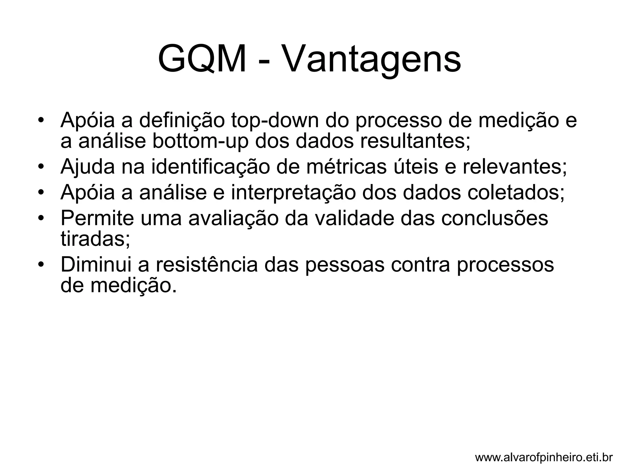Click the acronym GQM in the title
[202, 59]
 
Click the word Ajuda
[88, 167]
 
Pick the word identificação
[210, 167]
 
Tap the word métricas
[346, 167]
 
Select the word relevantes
[515, 167]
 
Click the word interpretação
[293, 192]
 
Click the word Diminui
[96, 265]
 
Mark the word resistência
[207, 265]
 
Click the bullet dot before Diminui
[41, 265]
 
